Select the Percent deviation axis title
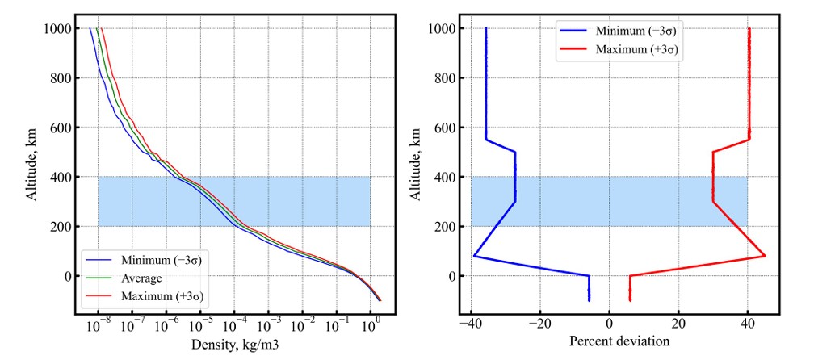coord(620,341)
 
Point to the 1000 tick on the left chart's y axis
coord(59,29)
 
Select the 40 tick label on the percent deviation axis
coord(748,324)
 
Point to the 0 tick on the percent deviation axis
coord(610,324)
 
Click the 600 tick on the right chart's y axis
coord(445,128)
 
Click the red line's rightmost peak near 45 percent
coord(764,257)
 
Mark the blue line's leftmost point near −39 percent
coord(474,257)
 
